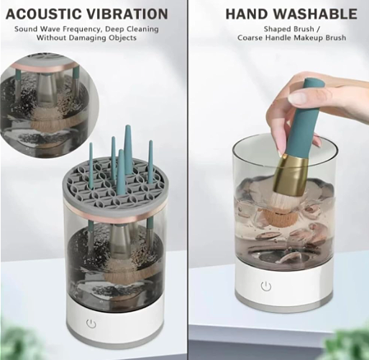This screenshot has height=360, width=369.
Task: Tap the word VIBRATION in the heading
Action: pos(127,14)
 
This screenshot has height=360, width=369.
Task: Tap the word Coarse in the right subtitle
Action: pos(250,37)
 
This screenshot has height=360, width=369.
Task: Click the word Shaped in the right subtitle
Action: pos(277,29)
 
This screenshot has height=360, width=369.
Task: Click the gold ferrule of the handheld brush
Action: pos(290,174)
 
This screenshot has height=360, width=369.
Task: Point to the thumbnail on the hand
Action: pos(297,99)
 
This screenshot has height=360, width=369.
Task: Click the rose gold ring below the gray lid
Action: pos(114,216)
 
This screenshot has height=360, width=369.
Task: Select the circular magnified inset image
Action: pos(50,106)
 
